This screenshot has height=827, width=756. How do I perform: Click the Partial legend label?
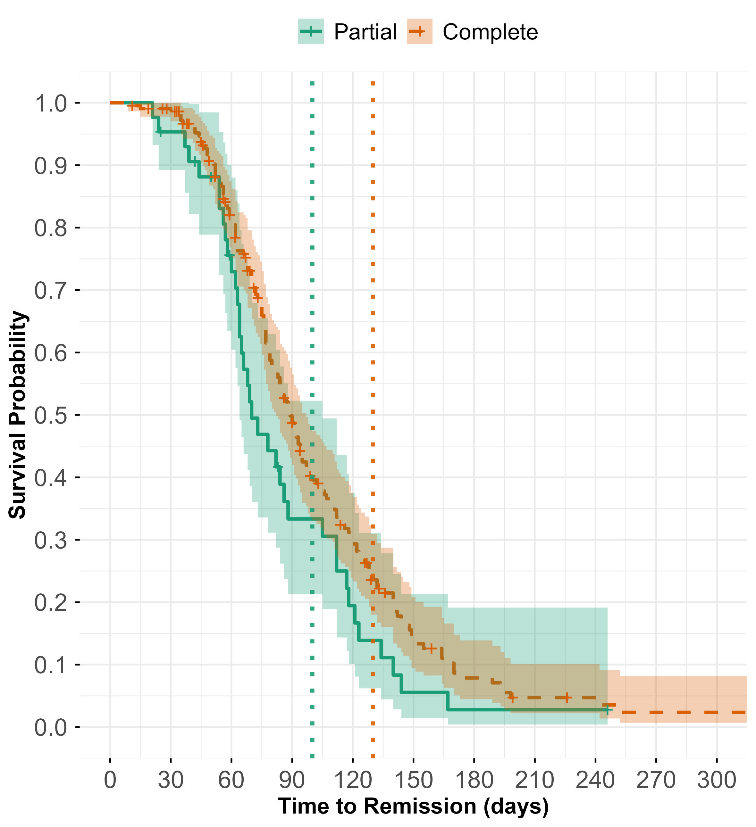click(x=365, y=32)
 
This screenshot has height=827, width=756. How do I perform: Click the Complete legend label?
click(x=490, y=32)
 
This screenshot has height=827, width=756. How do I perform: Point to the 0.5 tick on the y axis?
click(x=50, y=416)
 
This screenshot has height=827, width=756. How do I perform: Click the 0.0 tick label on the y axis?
click(x=50, y=728)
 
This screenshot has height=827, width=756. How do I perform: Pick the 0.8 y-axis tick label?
click(x=50, y=228)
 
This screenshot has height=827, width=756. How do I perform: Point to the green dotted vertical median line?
click(x=312, y=287)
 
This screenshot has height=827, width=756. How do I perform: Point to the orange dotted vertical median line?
click(x=373, y=287)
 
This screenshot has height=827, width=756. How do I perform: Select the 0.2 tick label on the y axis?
click(x=50, y=603)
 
